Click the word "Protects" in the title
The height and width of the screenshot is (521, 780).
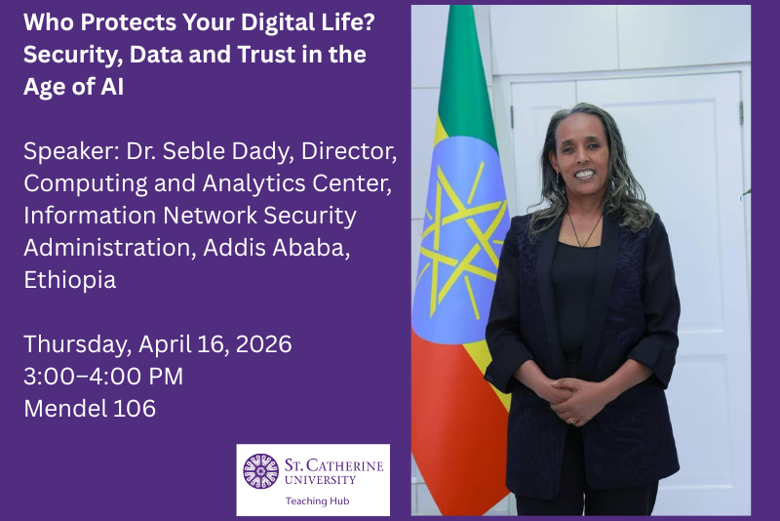pyautogui.click(x=114, y=21)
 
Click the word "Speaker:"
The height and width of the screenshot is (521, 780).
pyautogui.click(x=66, y=152)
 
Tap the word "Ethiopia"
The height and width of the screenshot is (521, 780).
pyautogui.click(x=69, y=280)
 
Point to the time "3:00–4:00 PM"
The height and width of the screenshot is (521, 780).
pyautogui.click(x=103, y=377)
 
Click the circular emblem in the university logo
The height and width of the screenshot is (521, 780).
pyautogui.click(x=260, y=471)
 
